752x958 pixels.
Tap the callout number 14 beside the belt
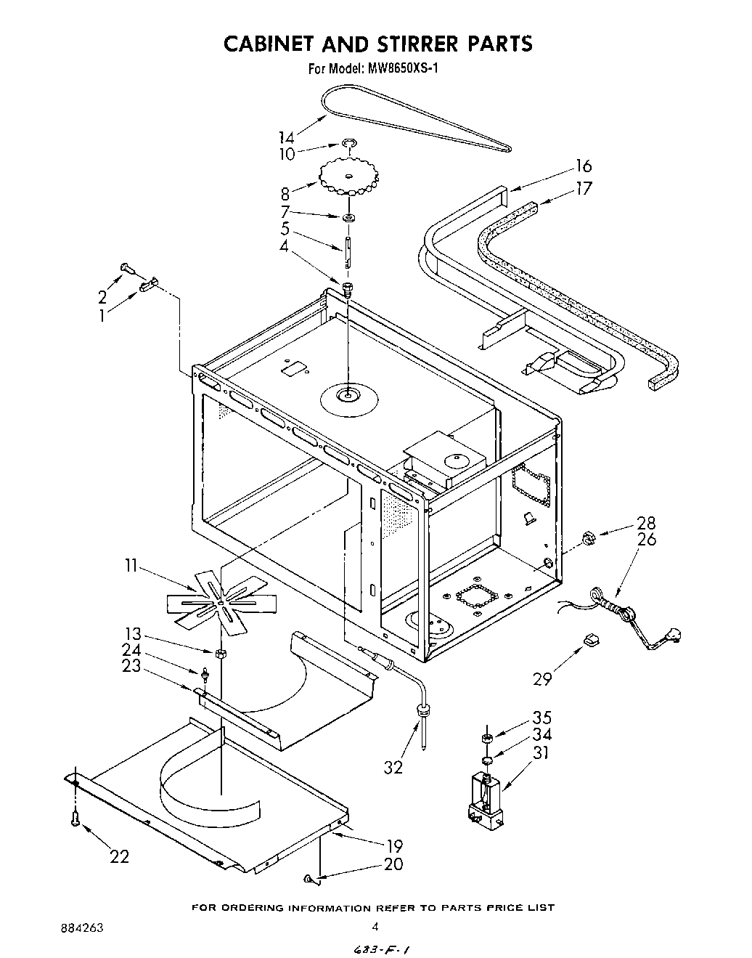click(x=288, y=137)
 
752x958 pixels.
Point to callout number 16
click(x=584, y=166)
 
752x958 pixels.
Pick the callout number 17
click(x=584, y=188)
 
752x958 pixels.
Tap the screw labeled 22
click(x=74, y=819)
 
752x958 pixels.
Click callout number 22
click(x=120, y=856)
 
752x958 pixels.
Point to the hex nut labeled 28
click(x=589, y=538)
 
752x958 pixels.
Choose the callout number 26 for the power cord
click(x=646, y=539)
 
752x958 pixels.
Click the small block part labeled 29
click(x=591, y=640)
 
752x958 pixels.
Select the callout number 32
click(x=393, y=766)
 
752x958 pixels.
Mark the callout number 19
click(x=394, y=845)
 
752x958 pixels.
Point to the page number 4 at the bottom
click(x=375, y=926)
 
